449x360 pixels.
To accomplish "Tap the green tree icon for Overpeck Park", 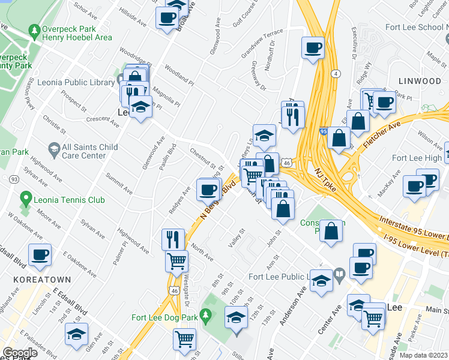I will click(35, 30).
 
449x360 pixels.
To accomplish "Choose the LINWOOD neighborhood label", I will click(419, 80).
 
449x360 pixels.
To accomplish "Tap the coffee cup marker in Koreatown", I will click(40, 255).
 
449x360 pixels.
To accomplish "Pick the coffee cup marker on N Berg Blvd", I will click(208, 190).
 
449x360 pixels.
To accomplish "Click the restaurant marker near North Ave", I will click(173, 239).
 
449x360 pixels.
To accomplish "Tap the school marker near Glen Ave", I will click(77, 334).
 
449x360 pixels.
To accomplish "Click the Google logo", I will click(20, 353).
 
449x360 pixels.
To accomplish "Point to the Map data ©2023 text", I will click(424, 355).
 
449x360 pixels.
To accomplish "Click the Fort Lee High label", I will click(415, 158).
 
